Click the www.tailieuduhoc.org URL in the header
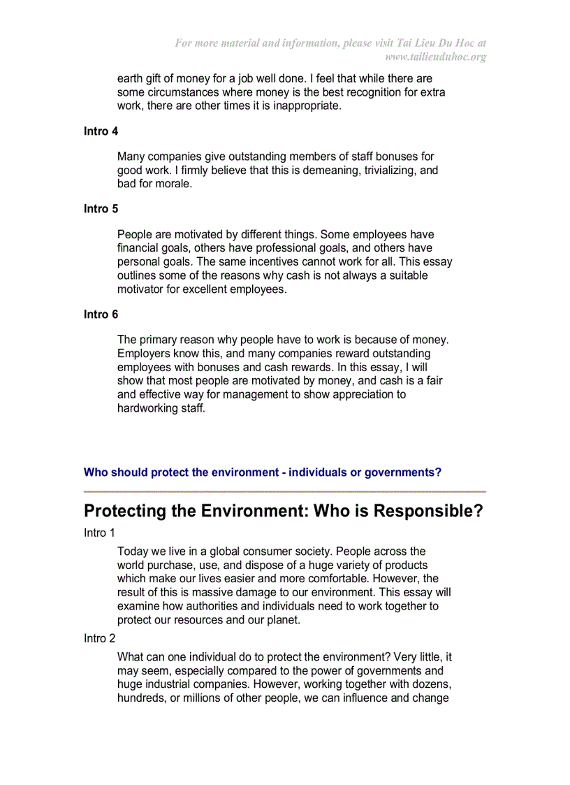point(435,57)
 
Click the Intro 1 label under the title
point(99,533)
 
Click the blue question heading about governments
point(262,473)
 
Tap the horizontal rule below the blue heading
point(284,491)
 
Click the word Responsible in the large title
point(427,511)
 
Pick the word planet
point(282,620)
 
